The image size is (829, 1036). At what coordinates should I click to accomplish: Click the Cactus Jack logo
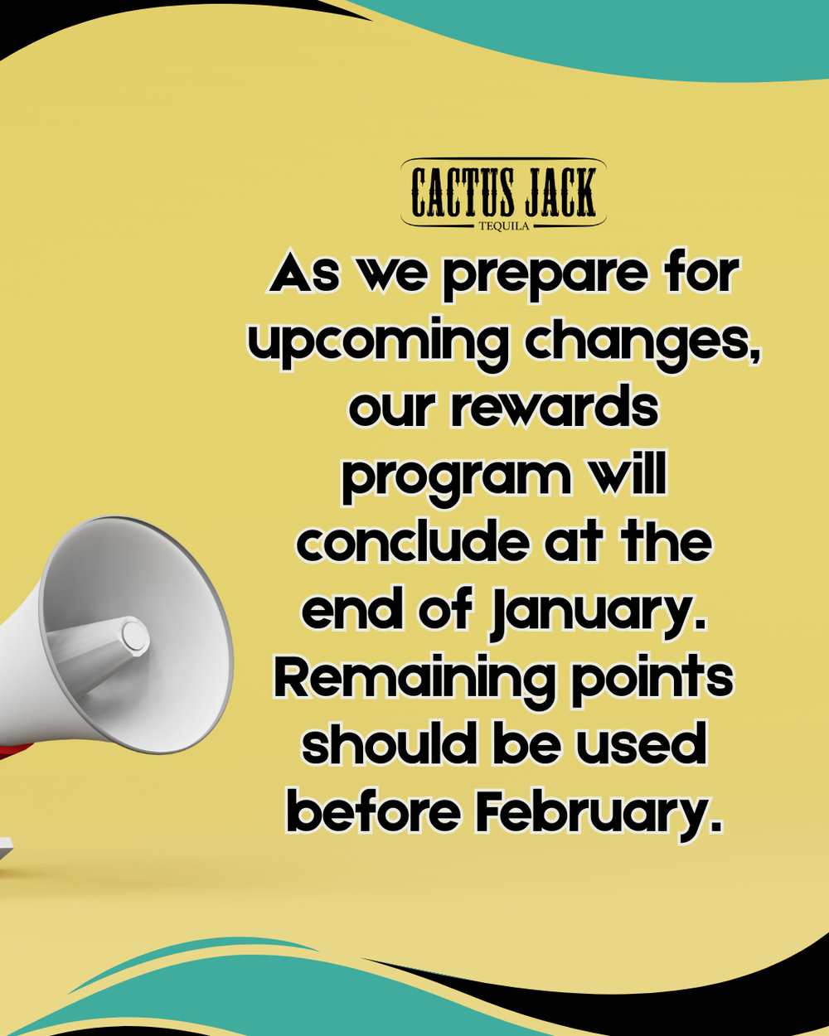pos(503,194)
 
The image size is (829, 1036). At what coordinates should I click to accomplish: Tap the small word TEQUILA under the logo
pos(504,226)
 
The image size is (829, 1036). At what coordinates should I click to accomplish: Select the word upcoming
pos(379,344)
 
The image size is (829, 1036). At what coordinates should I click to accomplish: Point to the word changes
pos(643,343)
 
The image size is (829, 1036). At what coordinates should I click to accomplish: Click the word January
pos(598,614)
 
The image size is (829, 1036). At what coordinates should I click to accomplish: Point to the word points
pos(652,681)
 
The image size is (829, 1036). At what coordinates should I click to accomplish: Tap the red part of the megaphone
pos(14,749)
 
